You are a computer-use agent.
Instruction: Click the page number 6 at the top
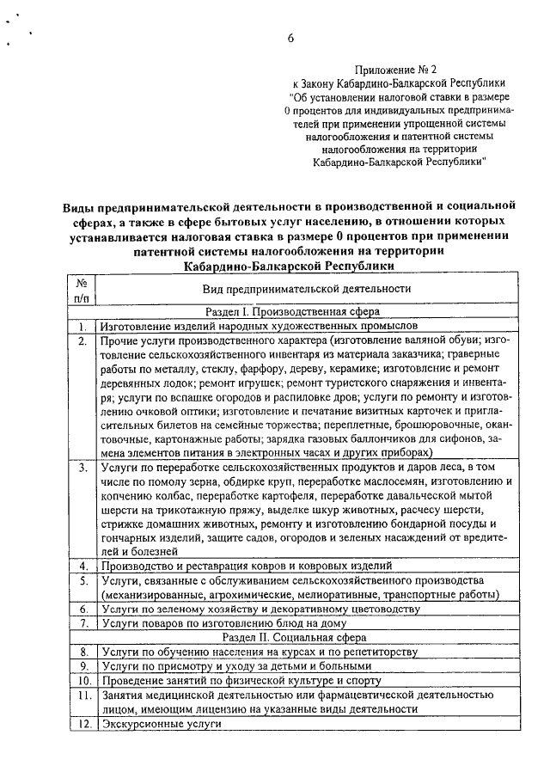point(290,39)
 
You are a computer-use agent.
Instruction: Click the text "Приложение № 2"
point(397,68)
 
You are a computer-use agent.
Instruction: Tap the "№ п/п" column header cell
point(82,289)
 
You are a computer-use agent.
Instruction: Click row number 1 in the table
point(82,327)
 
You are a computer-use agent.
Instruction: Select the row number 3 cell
point(82,468)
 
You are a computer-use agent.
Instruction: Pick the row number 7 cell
point(82,623)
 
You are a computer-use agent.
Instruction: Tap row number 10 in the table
point(82,680)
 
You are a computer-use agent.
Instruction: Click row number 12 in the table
point(82,724)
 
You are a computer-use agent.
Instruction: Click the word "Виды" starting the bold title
point(79,207)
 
